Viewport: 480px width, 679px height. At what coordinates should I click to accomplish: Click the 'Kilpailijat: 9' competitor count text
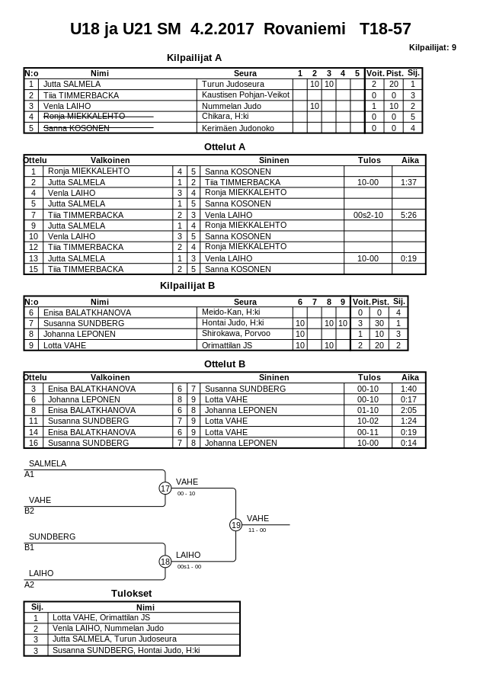click(432, 47)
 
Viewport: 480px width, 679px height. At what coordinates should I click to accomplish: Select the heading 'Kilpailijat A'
click(194, 57)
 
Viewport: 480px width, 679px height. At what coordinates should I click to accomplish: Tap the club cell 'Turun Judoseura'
click(233, 84)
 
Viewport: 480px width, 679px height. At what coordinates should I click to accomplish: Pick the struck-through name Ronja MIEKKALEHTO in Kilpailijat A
click(84, 117)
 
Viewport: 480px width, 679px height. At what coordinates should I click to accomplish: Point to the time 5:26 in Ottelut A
click(408, 215)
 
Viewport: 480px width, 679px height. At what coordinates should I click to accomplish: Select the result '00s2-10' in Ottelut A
click(368, 215)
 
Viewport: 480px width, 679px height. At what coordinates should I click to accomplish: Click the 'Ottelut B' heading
click(225, 364)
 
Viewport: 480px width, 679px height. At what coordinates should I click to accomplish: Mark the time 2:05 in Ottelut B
click(408, 410)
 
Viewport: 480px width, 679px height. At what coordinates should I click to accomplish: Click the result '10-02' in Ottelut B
click(368, 421)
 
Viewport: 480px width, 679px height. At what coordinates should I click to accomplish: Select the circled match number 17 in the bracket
click(165, 488)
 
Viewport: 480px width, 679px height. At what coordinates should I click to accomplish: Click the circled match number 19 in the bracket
click(236, 525)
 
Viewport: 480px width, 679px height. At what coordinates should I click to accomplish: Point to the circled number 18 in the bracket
click(165, 562)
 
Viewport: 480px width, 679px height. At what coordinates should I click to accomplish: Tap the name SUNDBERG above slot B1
click(52, 536)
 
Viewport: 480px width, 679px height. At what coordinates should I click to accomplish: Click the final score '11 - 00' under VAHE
click(257, 530)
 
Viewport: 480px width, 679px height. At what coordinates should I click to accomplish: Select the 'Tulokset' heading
click(131, 593)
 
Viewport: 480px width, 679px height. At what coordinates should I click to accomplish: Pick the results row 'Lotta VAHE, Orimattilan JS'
click(101, 617)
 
